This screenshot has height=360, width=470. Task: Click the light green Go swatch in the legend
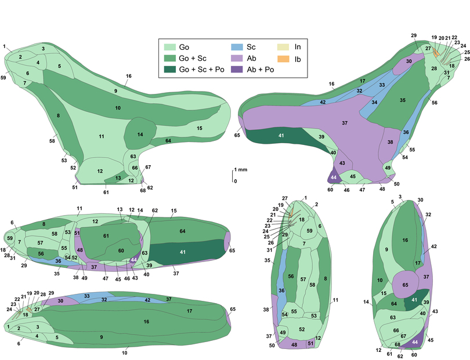(x=169, y=47)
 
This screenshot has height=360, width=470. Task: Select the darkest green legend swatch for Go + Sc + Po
(x=169, y=70)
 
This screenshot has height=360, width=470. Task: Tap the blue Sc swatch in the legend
(x=237, y=47)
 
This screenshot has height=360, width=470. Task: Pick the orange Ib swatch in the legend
(x=283, y=59)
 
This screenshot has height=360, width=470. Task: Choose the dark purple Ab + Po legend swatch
(x=237, y=70)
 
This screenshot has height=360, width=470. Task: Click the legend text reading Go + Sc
(x=193, y=59)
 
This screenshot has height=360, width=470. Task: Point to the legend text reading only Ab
(x=251, y=59)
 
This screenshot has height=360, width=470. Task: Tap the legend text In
(x=297, y=47)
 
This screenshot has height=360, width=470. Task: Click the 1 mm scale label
(x=241, y=170)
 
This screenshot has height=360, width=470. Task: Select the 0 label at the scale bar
(x=236, y=181)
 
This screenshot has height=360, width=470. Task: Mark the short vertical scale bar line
(x=233, y=176)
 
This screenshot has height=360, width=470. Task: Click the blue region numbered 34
(x=373, y=101)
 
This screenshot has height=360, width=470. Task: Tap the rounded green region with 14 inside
(x=140, y=133)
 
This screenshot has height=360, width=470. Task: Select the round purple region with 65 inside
(x=405, y=285)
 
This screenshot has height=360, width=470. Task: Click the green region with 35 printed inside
(x=400, y=102)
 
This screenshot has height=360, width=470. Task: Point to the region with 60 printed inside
(x=121, y=251)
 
